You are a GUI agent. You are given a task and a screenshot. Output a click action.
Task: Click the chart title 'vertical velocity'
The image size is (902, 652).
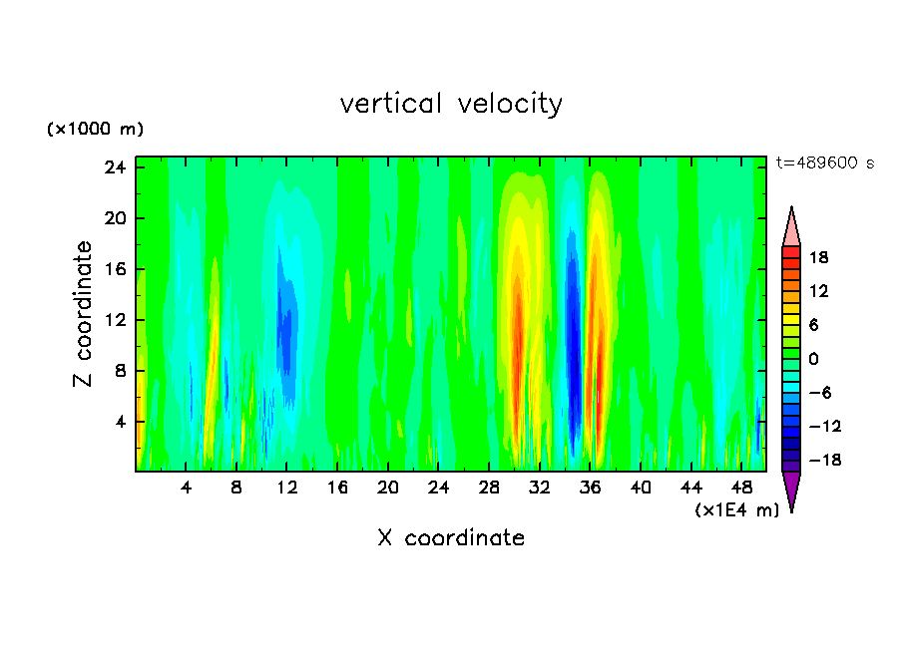coord(451,104)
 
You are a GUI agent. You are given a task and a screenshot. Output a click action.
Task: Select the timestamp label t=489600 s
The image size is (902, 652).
coord(824,163)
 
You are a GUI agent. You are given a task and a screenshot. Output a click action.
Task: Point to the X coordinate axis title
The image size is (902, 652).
coord(451,538)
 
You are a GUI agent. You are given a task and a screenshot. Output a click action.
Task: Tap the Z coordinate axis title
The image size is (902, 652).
coord(84,314)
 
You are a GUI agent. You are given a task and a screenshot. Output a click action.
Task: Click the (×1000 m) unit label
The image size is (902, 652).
coord(95,130)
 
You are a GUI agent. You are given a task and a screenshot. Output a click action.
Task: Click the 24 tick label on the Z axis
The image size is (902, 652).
coord(116,167)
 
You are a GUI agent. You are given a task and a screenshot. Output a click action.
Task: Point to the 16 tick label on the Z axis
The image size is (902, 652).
coord(116,269)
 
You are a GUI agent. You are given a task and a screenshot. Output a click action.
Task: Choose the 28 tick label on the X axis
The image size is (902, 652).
coord(489,489)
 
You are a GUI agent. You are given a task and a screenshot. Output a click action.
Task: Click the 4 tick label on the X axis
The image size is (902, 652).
coord(187,489)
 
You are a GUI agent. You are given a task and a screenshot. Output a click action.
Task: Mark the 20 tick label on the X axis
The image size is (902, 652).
coord(388,489)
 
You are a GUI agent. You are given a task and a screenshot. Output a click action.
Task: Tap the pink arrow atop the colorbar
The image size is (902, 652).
coord(791,227)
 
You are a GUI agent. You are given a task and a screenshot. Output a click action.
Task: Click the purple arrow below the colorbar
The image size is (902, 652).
coord(791,489)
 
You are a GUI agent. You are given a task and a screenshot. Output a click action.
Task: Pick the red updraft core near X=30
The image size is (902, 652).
coord(517,329)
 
